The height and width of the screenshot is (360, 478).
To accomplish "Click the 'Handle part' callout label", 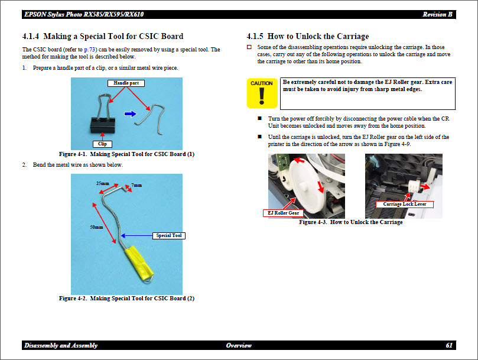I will click(x=126, y=83).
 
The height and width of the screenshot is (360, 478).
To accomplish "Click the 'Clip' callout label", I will click(x=102, y=144).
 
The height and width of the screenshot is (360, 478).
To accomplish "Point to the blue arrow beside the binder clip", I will click(x=130, y=113).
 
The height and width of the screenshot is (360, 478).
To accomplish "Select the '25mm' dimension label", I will click(x=103, y=183).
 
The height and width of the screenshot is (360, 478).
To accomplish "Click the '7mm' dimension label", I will click(x=136, y=185).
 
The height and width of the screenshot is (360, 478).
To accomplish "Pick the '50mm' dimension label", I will click(x=96, y=227).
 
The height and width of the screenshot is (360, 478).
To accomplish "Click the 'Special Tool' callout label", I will click(x=168, y=235).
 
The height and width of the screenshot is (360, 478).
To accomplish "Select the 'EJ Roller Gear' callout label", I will click(x=283, y=213).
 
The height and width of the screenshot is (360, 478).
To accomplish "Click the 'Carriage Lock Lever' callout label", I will click(x=404, y=204).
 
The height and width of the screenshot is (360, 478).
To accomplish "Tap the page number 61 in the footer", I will click(x=449, y=345).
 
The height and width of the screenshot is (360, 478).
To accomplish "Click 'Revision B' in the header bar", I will click(x=438, y=14).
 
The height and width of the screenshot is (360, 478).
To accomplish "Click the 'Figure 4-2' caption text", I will click(x=126, y=299).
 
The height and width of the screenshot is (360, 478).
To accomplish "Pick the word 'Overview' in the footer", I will click(x=239, y=345).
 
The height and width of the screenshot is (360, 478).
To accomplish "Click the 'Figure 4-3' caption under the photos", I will click(x=350, y=222).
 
